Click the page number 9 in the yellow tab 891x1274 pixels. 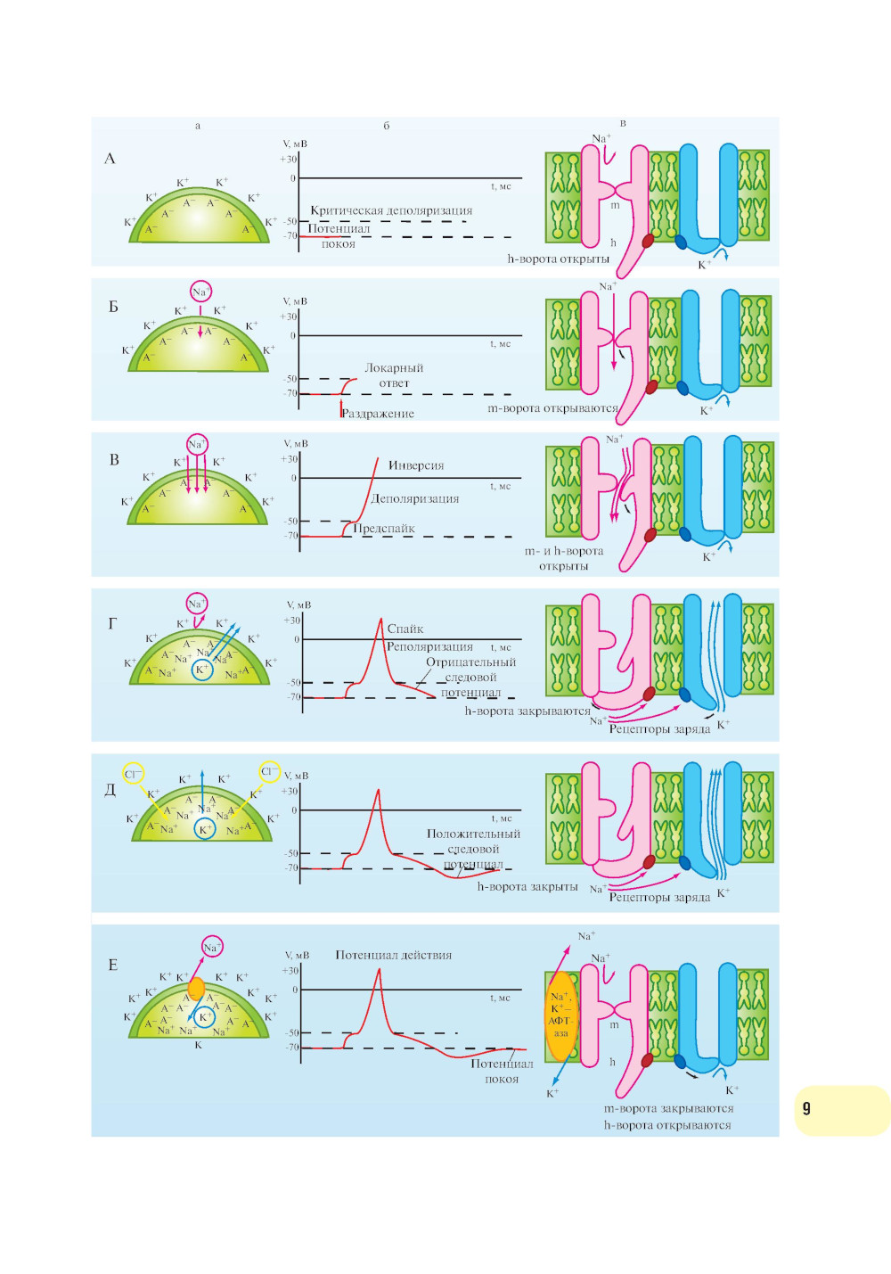pos(806,1108)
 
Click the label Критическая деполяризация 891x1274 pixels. pos(391,210)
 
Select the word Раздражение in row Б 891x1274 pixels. pos(378,414)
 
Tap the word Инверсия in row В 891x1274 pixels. pos(415,465)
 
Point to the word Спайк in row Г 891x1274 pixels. pos(405,629)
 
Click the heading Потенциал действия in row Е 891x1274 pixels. pos(393,955)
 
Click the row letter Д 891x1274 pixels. pos(110,789)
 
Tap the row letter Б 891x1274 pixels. pos(113,307)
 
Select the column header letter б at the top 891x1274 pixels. pos(386,126)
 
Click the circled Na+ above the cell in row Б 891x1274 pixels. pos(200,292)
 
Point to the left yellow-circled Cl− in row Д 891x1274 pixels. pos(133,774)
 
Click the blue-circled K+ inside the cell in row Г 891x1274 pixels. pos(202,670)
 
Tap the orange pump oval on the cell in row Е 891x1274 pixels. pos(196,989)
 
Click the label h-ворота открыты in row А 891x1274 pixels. pos(558,259)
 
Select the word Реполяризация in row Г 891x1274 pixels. pos(429,646)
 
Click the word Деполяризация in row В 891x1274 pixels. pos(414,499)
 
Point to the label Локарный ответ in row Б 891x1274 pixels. pos(394,375)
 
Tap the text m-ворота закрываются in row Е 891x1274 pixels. pos(668,1108)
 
